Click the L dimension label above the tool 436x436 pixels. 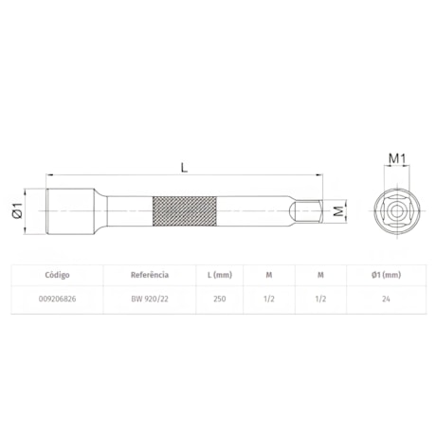184,167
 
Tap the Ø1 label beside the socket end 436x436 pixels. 17,210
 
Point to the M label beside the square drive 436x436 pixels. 338,210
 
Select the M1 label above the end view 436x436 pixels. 397,158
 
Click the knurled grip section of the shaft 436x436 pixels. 185,211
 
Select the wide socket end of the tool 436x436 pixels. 70,211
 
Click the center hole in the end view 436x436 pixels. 396,211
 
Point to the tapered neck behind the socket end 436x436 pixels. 100,211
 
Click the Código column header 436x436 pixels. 57,275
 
